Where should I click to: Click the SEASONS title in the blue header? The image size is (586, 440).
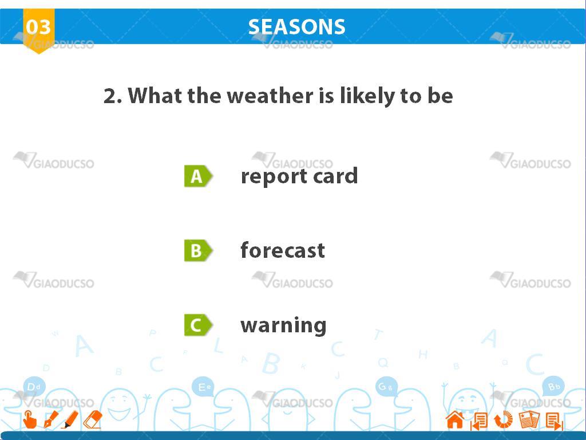click(x=297, y=27)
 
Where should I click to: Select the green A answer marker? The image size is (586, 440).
click(x=198, y=176)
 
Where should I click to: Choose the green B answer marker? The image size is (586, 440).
click(x=198, y=250)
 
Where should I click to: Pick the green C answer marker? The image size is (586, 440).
click(x=198, y=325)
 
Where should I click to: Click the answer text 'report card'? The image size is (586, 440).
click(x=299, y=176)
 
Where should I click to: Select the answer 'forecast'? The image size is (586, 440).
click(x=283, y=250)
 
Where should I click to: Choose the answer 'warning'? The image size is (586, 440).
click(x=283, y=325)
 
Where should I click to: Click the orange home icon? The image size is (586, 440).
click(x=455, y=419)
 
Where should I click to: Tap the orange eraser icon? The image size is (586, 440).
click(x=93, y=419)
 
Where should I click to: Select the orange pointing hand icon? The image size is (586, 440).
click(x=30, y=419)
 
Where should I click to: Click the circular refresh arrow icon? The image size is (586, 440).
click(x=504, y=419)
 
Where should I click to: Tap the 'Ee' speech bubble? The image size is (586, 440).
click(x=204, y=387)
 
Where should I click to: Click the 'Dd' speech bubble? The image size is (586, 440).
click(x=34, y=387)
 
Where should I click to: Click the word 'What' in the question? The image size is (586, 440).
click(x=156, y=96)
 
